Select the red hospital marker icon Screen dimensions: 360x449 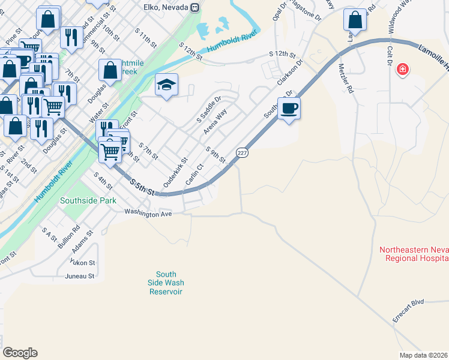click(403, 70)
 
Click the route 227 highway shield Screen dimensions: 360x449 click(241, 153)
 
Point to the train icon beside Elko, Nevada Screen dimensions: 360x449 click(194, 7)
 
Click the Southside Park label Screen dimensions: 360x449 click(88, 201)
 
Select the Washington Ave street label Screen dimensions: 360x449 click(148, 212)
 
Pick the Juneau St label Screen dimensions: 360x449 click(80, 276)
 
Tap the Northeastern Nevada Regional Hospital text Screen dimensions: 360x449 click(414, 254)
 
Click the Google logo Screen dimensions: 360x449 click(20, 353)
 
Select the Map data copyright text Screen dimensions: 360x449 click(424, 355)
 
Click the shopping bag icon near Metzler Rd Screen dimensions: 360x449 click(355, 19)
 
